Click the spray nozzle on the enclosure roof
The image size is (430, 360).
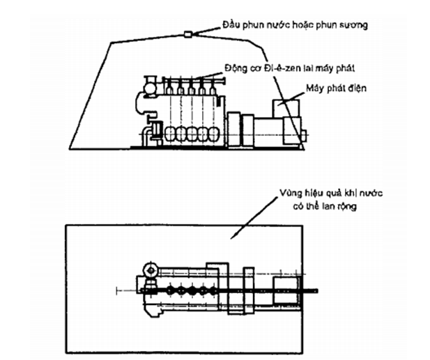point(188,34)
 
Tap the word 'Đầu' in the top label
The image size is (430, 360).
point(231,26)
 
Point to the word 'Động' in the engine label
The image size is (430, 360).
point(237,68)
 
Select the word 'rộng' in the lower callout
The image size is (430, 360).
point(344,207)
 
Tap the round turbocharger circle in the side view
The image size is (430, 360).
point(149,87)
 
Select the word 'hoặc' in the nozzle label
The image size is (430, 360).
point(296,26)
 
